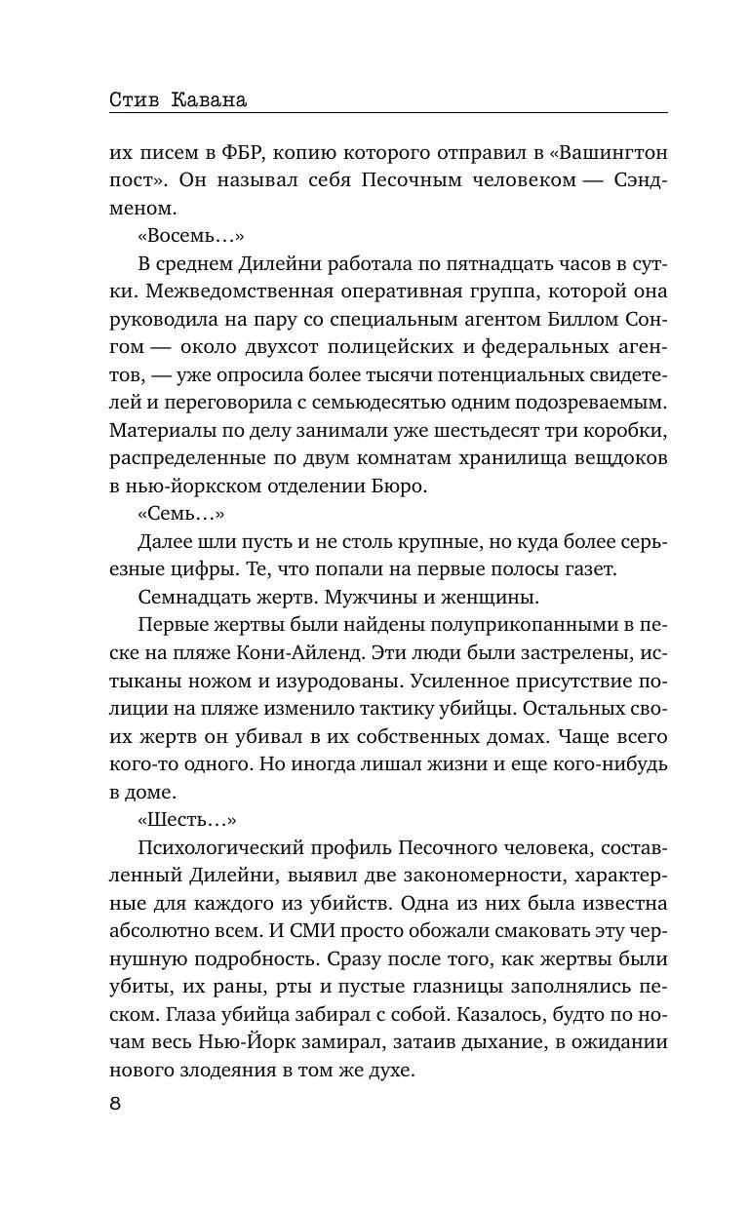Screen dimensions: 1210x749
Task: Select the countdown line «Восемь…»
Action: click(x=190, y=237)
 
